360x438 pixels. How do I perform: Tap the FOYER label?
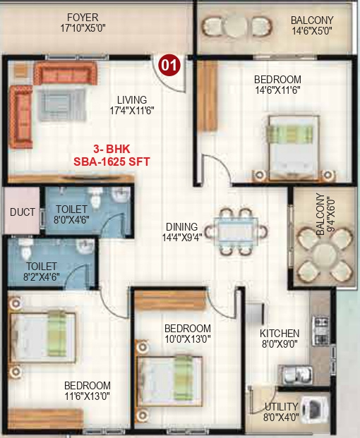point(83,17)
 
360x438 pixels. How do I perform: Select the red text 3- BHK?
point(112,150)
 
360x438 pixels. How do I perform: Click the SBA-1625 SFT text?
point(112,161)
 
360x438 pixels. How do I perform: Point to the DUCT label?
point(23,212)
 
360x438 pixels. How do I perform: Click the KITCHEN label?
point(280,333)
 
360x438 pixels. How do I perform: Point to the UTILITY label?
point(281,407)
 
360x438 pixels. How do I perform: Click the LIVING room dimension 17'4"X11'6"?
point(132,111)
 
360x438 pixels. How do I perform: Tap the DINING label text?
point(181,226)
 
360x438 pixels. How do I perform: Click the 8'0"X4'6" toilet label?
point(72,219)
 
